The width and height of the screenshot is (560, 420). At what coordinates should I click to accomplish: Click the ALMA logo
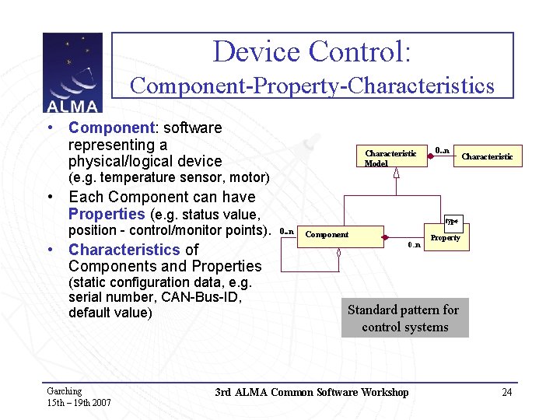click(72, 72)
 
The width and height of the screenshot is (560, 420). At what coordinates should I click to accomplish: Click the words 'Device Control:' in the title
click(312, 52)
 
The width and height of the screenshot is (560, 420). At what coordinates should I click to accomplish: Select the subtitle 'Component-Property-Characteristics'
click(312, 85)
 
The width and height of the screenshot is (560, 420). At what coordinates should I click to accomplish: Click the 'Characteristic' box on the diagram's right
click(487, 156)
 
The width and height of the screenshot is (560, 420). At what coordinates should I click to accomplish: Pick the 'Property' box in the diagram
click(445, 238)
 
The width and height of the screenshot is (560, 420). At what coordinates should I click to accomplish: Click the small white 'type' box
click(452, 222)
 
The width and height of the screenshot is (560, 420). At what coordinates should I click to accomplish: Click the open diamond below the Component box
click(339, 252)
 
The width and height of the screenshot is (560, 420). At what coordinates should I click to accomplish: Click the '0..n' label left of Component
click(286, 231)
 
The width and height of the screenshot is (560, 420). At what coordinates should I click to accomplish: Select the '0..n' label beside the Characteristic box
click(442, 149)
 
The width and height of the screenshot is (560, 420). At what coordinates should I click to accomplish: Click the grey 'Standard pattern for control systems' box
click(404, 318)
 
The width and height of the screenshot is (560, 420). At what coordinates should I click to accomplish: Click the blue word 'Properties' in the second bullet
click(107, 214)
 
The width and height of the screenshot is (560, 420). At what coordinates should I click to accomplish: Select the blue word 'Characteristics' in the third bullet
click(124, 250)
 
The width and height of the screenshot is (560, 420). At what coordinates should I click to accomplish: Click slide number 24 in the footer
click(507, 392)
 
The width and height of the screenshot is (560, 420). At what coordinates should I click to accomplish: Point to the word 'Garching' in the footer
click(64, 391)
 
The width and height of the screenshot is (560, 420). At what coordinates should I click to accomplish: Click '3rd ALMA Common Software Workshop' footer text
click(311, 392)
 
